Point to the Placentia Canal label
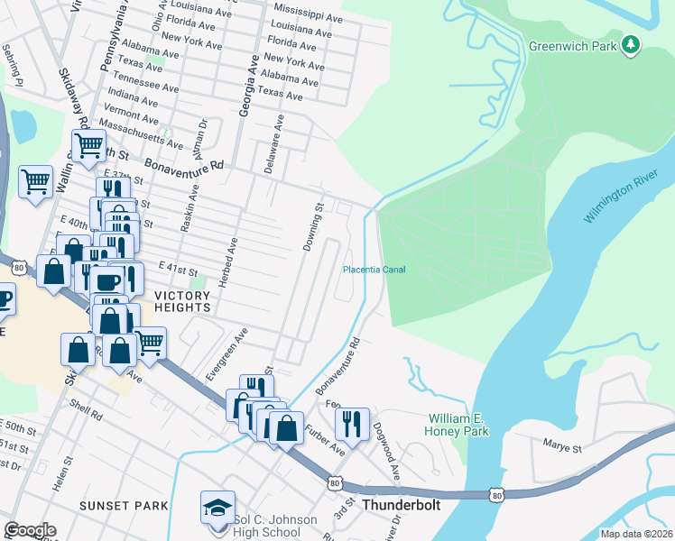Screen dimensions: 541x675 point(374,270)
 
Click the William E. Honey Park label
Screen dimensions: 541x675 point(458,426)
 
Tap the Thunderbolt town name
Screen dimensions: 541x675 point(401,505)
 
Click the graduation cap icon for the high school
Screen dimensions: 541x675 point(217,508)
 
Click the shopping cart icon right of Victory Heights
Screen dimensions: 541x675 point(150,342)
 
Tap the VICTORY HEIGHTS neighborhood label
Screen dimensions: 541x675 point(182,301)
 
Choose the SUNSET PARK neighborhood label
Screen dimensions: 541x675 point(124,506)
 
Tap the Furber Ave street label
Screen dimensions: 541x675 point(324,440)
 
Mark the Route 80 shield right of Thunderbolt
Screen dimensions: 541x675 point(495,495)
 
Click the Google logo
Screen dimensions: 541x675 point(30,530)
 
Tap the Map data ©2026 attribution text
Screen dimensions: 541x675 point(636,534)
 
